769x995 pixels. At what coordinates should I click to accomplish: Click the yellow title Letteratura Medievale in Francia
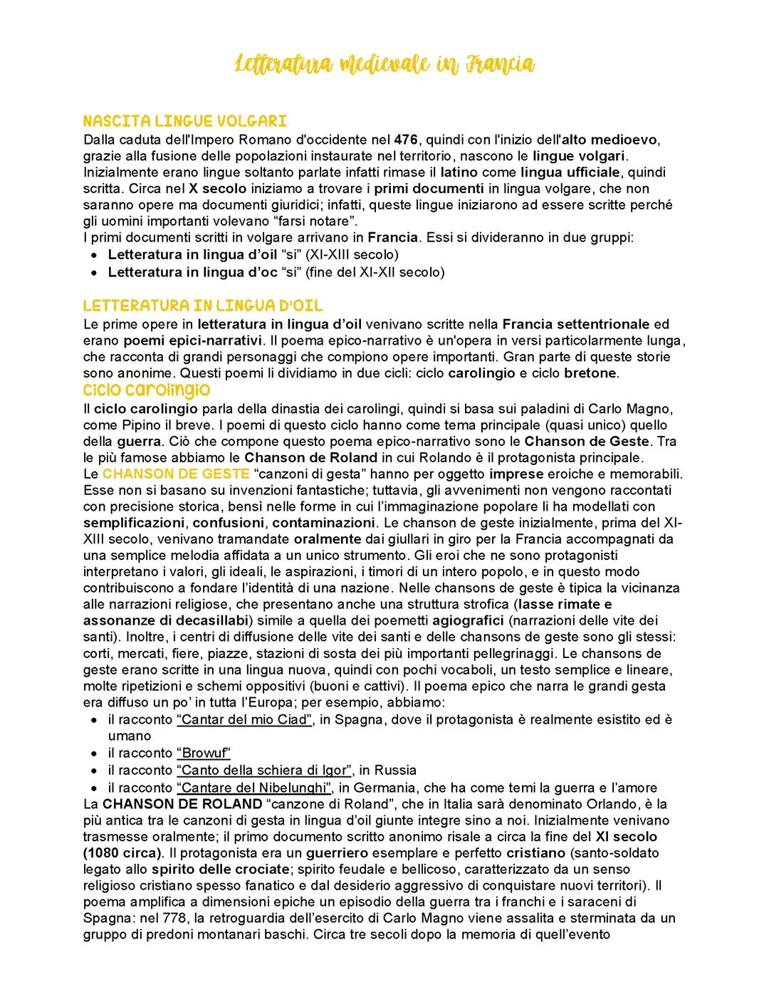[x=384, y=64]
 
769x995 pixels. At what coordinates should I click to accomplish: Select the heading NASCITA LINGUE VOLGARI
[x=184, y=121]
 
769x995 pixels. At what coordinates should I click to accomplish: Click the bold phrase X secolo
[x=217, y=189]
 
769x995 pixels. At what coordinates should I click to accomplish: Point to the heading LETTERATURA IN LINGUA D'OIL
[x=202, y=306]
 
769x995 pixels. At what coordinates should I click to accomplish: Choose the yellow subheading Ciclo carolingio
[x=146, y=390]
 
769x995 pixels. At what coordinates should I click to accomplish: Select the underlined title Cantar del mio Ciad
[x=245, y=719]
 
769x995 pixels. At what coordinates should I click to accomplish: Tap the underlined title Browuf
[x=204, y=753]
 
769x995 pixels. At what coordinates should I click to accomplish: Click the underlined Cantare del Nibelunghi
[x=254, y=788]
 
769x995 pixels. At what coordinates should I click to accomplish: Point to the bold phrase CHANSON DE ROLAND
[x=182, y=804]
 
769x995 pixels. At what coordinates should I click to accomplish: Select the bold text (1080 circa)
[x=121, y=853]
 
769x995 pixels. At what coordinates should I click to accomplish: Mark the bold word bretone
[x=591, y=373]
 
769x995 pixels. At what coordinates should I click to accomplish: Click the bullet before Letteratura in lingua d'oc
[x=94, y=272]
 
